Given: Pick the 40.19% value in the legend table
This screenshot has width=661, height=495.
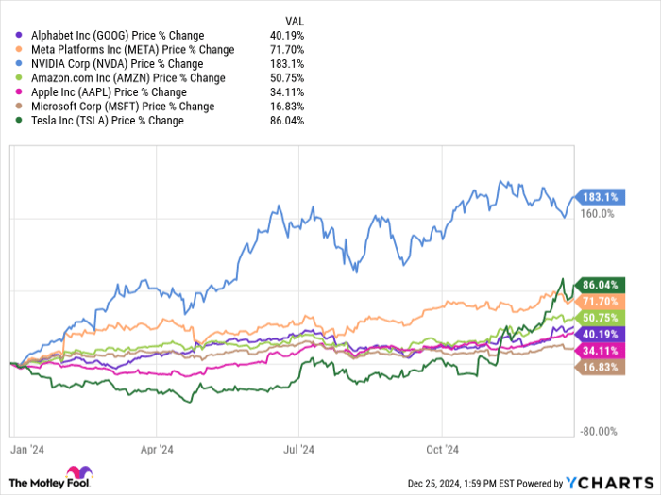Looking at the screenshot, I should click(x=285, y=36).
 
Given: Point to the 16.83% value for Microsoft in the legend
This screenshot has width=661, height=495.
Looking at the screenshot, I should click(x=285, y=107).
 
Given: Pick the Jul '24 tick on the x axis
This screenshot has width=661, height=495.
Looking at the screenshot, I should click(x=299, y=450).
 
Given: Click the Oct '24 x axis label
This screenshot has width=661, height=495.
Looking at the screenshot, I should click(x=443, y=450).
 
